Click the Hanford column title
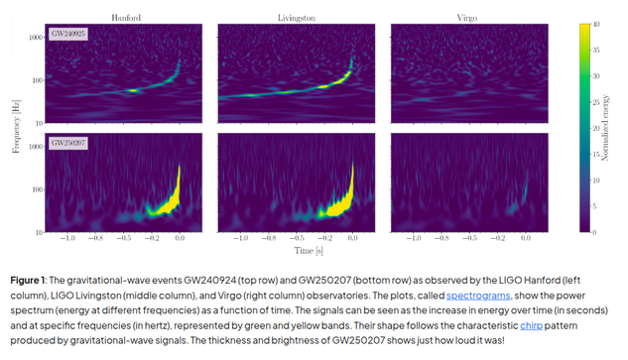[x=126, y=18]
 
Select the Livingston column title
[x=297, y=18]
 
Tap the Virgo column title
[x=467, y=18]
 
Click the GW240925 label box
[x=68, y=34]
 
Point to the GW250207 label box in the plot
[x=68, y=143]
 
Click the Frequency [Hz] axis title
[x=16, y=127]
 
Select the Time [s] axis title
[x=309, y=251]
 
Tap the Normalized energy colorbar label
[x=605, y=128]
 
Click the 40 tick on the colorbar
[x=596, y=25]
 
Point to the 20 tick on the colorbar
[x=596, y=128]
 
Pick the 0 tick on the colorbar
[x=594, y=232]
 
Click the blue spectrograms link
[x=478, y=296]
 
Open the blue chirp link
[x=531, y=325]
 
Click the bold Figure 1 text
[x=28, y=281]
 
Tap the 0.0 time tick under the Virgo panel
[x=526, y=238]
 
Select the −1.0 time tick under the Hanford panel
[x=67, y=238]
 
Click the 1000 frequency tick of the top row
[x=36, y=38]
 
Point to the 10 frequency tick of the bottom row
[x=40, y=232]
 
